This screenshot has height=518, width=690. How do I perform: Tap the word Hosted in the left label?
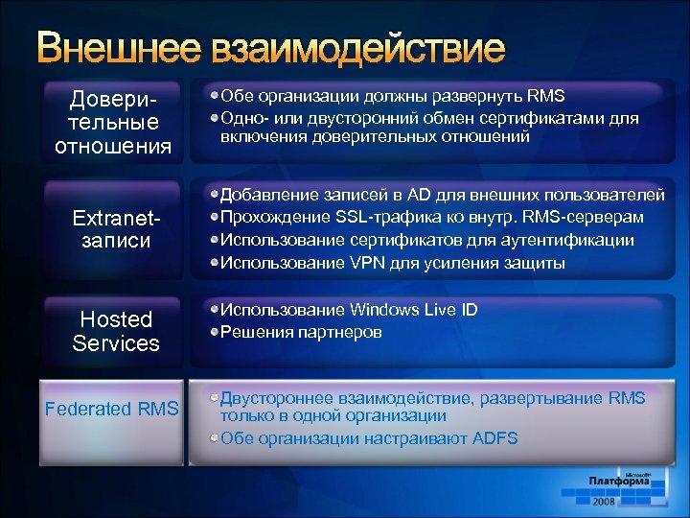coord(116,319)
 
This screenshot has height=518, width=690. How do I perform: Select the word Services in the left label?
coord(116,343)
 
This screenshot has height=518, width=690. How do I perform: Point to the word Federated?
coord(88,409)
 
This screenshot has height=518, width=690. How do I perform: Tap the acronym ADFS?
coord(494,439)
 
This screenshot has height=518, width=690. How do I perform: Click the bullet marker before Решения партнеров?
coord(215,333)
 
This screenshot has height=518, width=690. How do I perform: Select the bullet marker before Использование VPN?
coord(215,263)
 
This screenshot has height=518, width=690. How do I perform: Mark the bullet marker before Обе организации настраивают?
coord(215,439)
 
